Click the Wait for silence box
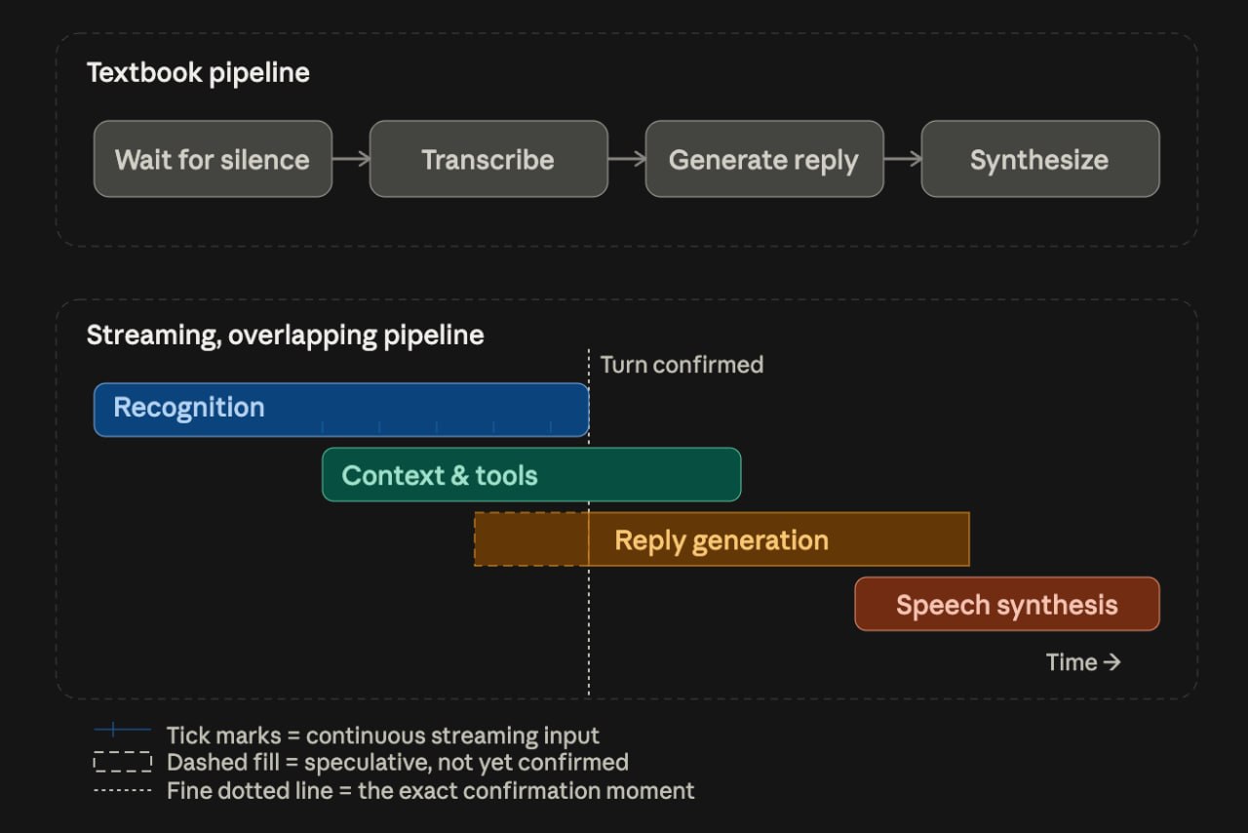click(x=213, y=159)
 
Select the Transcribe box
click(x=488, y=159)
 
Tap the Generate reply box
click(x=764, y=159)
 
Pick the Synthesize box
click(x=1040, y=159)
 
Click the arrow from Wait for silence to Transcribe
click(x=351, y=159)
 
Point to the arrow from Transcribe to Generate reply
click(x=627, y=159)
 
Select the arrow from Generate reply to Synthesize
click(x=903, y=159)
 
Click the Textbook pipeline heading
click(x=198, y=73)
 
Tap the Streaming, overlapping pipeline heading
click(x=285, y=336)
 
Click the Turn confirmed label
click(x=682, y=365)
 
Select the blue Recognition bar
click(x=341, y=410)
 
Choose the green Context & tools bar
click(x=531, y=474)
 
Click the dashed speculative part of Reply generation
click(x=531, y=539)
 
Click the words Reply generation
click(x=721, y=540)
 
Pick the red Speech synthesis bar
click(x=1007, y=604)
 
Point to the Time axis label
click(x=1083, y=662)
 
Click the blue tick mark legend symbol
click(x=123, y=730)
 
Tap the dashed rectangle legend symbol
click(x=123, y=762)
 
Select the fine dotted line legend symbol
click(x=123, y=790)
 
